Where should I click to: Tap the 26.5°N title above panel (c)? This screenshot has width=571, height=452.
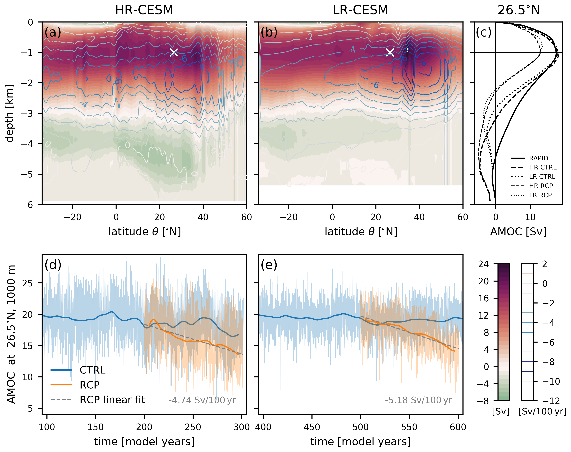pyautogui.click(x=519, y=10)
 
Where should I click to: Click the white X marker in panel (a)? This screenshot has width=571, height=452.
pyautogui.click(x=174, y=52)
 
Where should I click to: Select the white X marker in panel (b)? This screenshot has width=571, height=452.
pyautogui.click(x=390, y=52)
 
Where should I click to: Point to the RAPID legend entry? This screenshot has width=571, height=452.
pyautogui.click(x=538, y=158)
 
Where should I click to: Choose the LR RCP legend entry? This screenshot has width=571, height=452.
pyautogui.click(x=540, y=195)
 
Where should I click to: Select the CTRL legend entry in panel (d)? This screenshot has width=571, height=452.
pyautogui.click(x=92, y=370)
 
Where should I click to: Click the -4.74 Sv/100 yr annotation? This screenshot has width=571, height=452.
pyautogui.click(x=202, y=400)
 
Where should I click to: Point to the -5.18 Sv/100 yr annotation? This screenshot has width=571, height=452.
pyautogui.click(x=418, y=400)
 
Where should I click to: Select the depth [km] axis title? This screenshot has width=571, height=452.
pyautogui.click(x=10, y=113)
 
